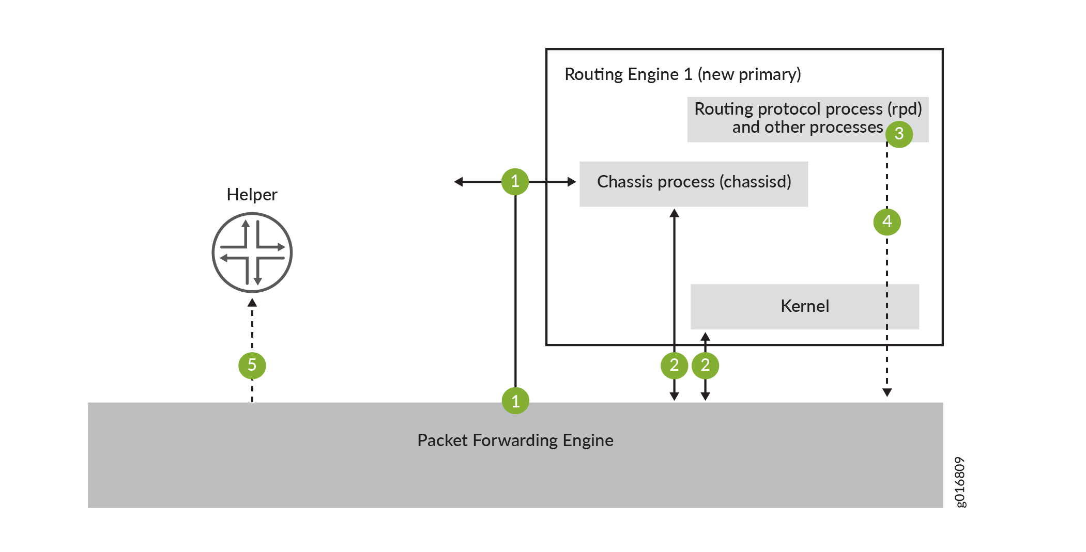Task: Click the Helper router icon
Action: (252, 253)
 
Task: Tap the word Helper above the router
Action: (252, 195)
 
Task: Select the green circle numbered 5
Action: (252, 365)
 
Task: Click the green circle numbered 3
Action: (899, 134)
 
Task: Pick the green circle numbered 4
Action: (887, 222)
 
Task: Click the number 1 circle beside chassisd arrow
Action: (515, 181)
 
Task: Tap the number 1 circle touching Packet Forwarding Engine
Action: (515, 401)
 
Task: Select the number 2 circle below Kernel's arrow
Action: (705, 365)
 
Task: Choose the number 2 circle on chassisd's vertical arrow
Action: (674, 365)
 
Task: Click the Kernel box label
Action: (805, 306)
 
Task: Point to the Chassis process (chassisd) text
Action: (694, 182)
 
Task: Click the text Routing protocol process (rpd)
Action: (807, 109)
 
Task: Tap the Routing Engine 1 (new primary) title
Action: (682, 74)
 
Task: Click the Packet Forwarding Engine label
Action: (515, 440)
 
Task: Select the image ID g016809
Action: (959, 482)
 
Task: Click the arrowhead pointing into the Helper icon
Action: (252, 303)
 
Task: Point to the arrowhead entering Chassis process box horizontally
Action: (572, 182)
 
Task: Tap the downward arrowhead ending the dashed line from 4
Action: (887, 392)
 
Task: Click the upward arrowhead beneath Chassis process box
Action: (674, 213)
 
